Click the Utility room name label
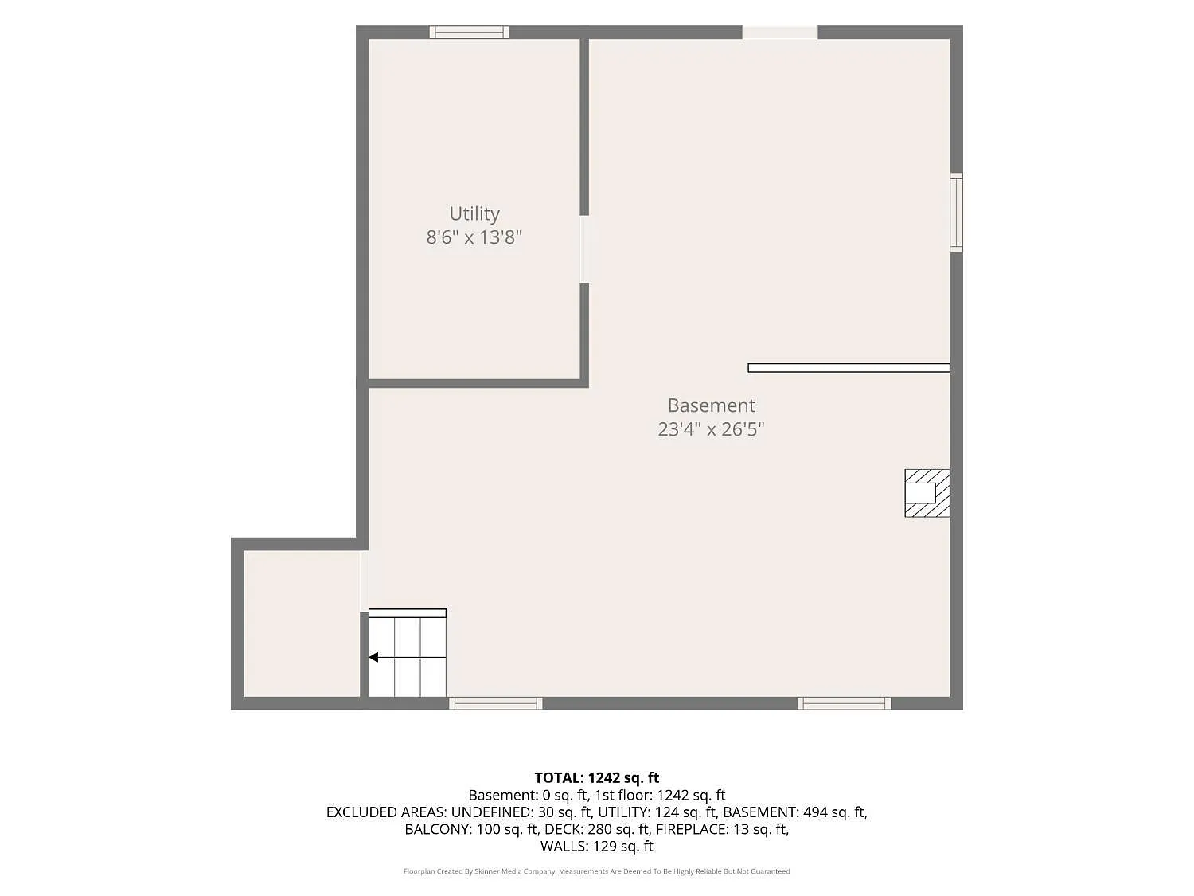click(x=474, y=213)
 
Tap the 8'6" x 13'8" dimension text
click(x=474, y=237)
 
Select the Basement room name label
click(x=711, y=405)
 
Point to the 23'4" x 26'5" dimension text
click(x=711, y=429)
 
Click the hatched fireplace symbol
click(x=927, y=493)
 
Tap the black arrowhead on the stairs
click(x=373, y=658)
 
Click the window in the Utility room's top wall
click(x=469, y=32)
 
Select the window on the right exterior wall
click(x=956, y=213)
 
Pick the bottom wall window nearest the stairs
click(x=496, y=703)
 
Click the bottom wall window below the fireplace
click(x=844, y=703)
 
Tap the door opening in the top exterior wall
click(x=780, y=32)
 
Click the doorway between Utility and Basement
click(x=584, y=249)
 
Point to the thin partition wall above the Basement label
click(x=849, y=368)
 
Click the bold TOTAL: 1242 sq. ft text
click(x=597, y=778)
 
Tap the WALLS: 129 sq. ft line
click(x=597, y=846)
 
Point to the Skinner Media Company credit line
click(x=597, y=871)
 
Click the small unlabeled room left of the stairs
click(x=302, y=624)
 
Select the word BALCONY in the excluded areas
click(x=438, y=829)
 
